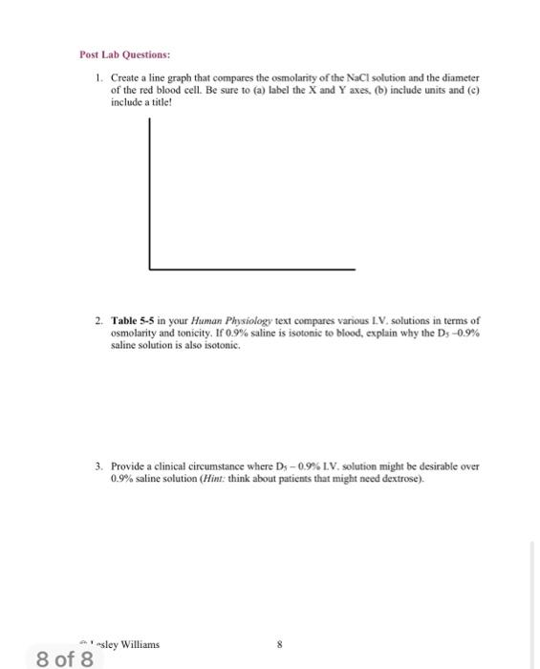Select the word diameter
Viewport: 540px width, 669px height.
click(x=458, y=76)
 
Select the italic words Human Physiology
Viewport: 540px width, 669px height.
click(x=223, y=321)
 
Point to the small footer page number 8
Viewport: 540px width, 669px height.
click(x=279, y=645)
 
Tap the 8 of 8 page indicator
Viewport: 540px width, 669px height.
click(x=64, y=658)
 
